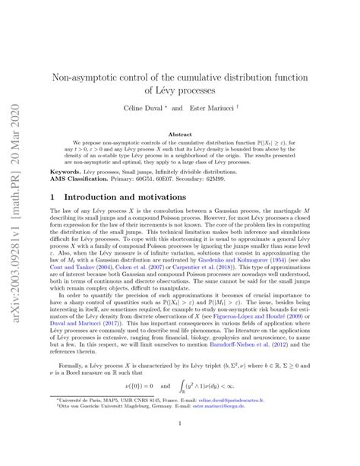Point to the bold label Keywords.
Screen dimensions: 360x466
tap(66, 172)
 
